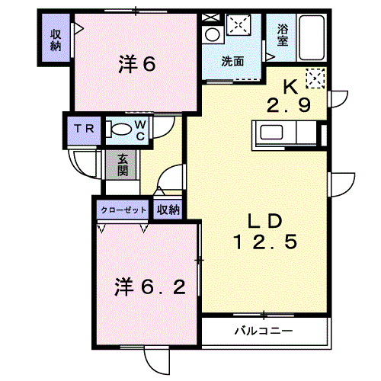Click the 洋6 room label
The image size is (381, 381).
[137, 64]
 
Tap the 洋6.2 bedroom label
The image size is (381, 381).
[150, 287]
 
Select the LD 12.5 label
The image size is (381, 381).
[265, 232]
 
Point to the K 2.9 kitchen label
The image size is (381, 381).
[289, 96]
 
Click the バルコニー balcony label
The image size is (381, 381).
[264, 331]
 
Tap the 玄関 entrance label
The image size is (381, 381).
[123, 165]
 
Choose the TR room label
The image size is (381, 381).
[85, 129]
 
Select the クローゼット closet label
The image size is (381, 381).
[123, 210]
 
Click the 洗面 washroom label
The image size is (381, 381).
[232, 62]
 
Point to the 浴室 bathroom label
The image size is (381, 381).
[283, 35]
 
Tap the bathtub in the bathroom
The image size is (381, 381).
[312, 38]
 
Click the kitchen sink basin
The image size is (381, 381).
[272, 132]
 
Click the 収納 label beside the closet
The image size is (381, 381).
[168, 210]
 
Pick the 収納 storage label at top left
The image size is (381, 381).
[56, 40]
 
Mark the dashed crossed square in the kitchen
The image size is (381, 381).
[315, 78]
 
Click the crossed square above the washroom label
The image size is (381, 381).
[239, 24]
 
